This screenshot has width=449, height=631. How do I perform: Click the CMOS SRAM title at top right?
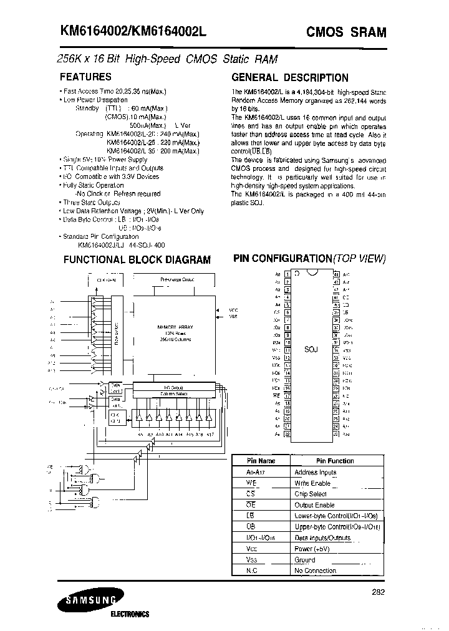[x=345, y=32]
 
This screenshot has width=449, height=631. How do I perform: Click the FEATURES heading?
[x=85, y=77]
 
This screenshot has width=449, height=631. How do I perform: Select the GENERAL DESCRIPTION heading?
[x=289, y=77]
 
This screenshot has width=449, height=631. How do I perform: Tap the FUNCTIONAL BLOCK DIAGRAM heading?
[x=137, y=260]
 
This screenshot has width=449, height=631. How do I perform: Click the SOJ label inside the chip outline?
[x=311, y=349]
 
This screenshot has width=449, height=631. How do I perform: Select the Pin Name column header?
[x=258, y=461]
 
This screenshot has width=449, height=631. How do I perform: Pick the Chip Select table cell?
[x=310, y=494]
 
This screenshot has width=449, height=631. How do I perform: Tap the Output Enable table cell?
[x=314, y=505]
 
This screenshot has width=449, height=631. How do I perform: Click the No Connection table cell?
[x=315, y=571]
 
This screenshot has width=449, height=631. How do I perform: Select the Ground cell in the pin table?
[x=305, y=560]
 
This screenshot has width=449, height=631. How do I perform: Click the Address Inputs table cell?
[x=315, y=472]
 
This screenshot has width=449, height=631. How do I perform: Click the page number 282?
[x=379, y=593]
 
